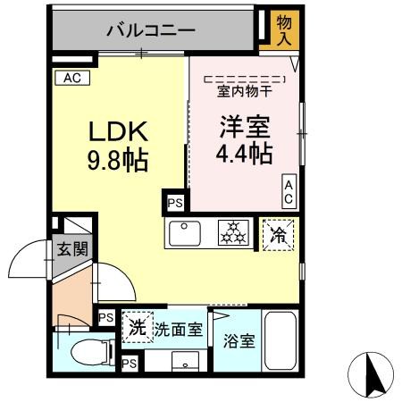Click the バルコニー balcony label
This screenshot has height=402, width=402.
point(151,30)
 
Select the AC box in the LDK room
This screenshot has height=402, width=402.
point(71,78)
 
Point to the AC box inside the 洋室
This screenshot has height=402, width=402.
point(289,189)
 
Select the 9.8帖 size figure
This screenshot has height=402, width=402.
point(117,162)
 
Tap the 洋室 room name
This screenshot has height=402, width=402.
point(244,127)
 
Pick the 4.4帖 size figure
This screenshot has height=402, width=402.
point(244,155)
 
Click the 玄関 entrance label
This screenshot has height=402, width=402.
point(72,249)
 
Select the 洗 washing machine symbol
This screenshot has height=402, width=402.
point(138,326)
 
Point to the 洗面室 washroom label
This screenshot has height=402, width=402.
point(179,329)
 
